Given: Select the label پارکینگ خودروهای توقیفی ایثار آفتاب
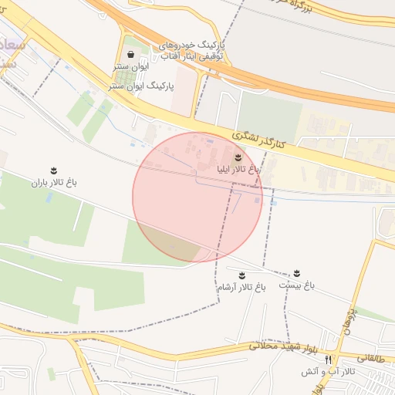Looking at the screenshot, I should (192, 51).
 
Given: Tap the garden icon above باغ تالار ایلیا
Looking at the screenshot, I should (226, 157).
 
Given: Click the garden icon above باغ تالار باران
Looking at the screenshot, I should (54, 170).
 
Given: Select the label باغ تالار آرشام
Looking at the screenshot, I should (241, 286).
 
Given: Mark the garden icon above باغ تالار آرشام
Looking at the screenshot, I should (241, 275).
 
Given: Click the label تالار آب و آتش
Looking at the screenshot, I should (329, 372).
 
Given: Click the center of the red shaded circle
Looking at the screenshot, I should (197, 197).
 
